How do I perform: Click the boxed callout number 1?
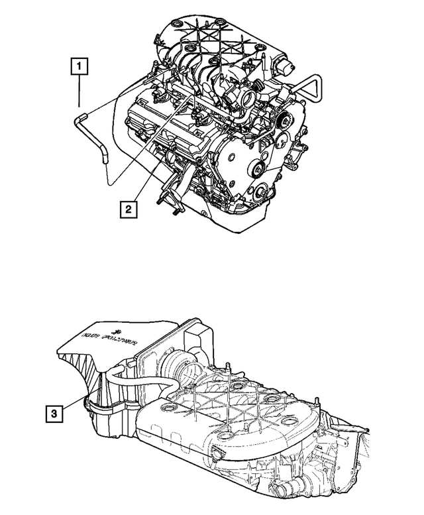[79, 66]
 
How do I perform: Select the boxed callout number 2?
[129, 209]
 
